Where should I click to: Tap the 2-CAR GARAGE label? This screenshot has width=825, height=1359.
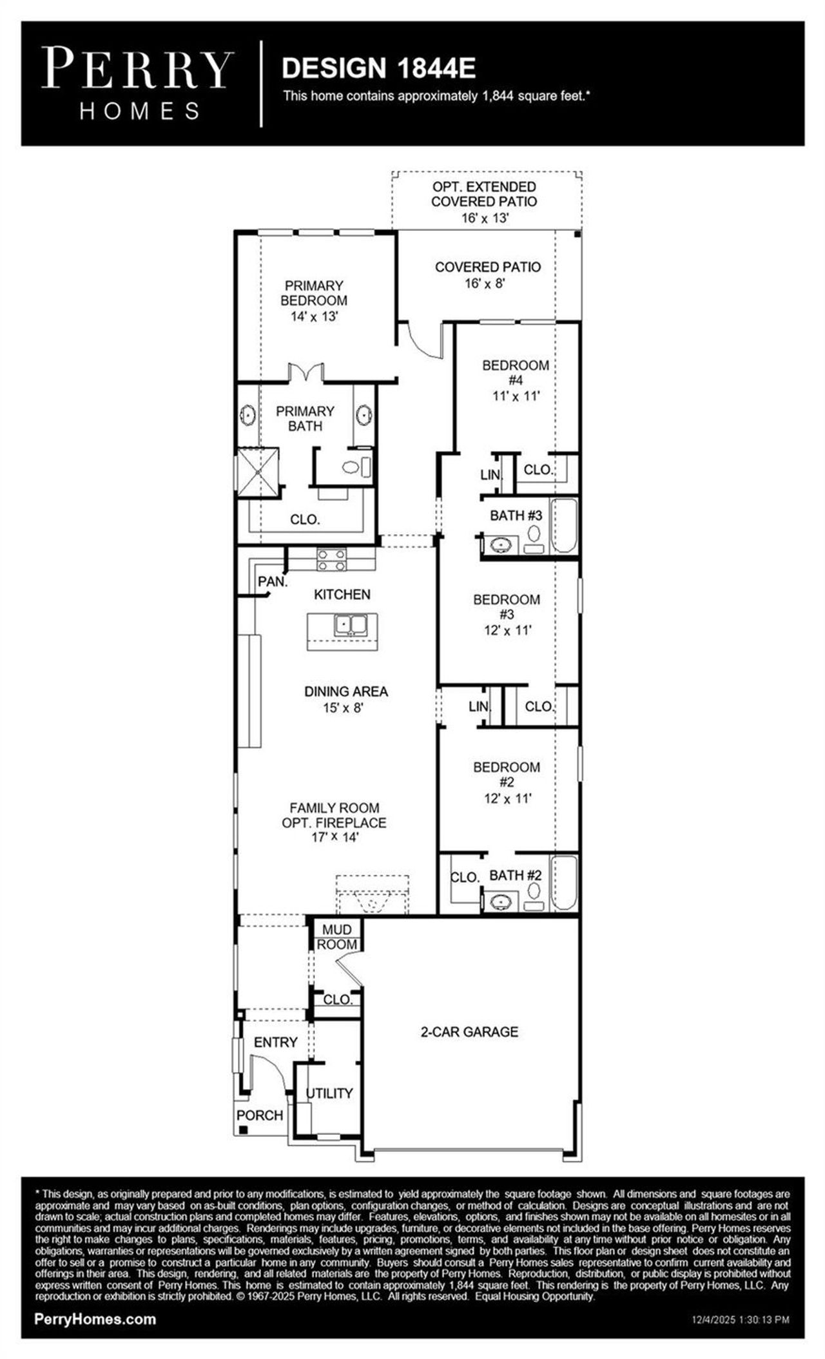pos(469,1032)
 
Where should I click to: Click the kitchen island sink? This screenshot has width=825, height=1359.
pos(350,624)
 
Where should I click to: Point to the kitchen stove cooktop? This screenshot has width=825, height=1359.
pos(331,559)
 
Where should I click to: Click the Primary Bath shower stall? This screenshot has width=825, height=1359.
pos(259,471)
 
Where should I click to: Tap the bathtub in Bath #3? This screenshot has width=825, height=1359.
pos(565,525)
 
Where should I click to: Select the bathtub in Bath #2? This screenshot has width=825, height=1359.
pos(565,882)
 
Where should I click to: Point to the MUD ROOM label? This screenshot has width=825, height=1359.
pos(337,937)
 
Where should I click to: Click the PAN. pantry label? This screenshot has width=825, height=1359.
pos(272,581)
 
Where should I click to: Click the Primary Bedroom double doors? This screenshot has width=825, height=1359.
pos(305,372)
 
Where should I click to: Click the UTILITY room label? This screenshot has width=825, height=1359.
pos(329,1093)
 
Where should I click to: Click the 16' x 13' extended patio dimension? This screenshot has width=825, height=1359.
pos(485,218)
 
